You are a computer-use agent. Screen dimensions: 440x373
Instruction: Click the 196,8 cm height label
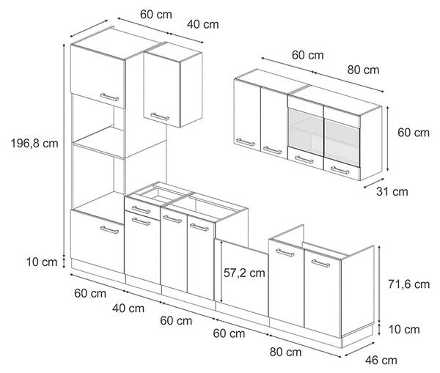point(34,144)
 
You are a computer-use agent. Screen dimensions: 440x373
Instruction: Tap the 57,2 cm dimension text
point(244,273)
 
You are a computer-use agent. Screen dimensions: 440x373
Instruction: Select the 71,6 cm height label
point(408,284)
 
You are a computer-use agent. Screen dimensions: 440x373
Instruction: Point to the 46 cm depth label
point(381,361)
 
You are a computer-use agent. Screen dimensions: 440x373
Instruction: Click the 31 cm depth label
point(392,192)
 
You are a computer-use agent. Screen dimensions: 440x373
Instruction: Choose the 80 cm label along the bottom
point(286,352)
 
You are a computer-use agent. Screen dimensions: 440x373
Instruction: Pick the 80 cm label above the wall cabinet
point(363,70)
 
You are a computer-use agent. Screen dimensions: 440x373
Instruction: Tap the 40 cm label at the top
point(202,24)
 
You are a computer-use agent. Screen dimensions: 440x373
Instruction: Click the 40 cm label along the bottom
point(128,309)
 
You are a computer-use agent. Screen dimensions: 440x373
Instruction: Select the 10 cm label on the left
point(42,262)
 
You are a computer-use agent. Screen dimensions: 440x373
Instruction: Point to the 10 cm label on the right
point(404,330)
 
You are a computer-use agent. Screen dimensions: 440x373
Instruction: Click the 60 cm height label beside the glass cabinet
point(414,133)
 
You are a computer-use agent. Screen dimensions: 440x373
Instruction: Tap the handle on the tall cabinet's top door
point(109,97)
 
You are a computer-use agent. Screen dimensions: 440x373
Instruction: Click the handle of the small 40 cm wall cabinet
point(160,117)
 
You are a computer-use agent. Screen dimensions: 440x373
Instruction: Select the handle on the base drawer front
point(141,210)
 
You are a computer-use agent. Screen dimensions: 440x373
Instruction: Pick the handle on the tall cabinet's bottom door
point(109,230)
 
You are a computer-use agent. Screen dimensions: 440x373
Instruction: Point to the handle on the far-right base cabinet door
point(320,263)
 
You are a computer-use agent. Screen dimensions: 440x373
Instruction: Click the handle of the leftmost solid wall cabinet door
point(245,142)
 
